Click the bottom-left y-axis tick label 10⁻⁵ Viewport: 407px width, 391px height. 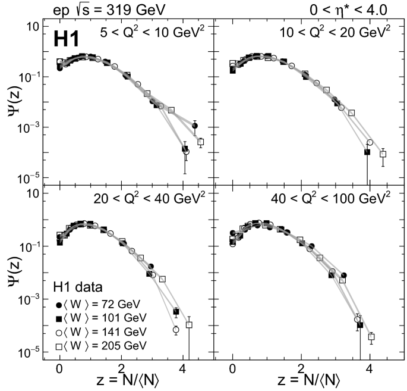[x=30, y=352]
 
